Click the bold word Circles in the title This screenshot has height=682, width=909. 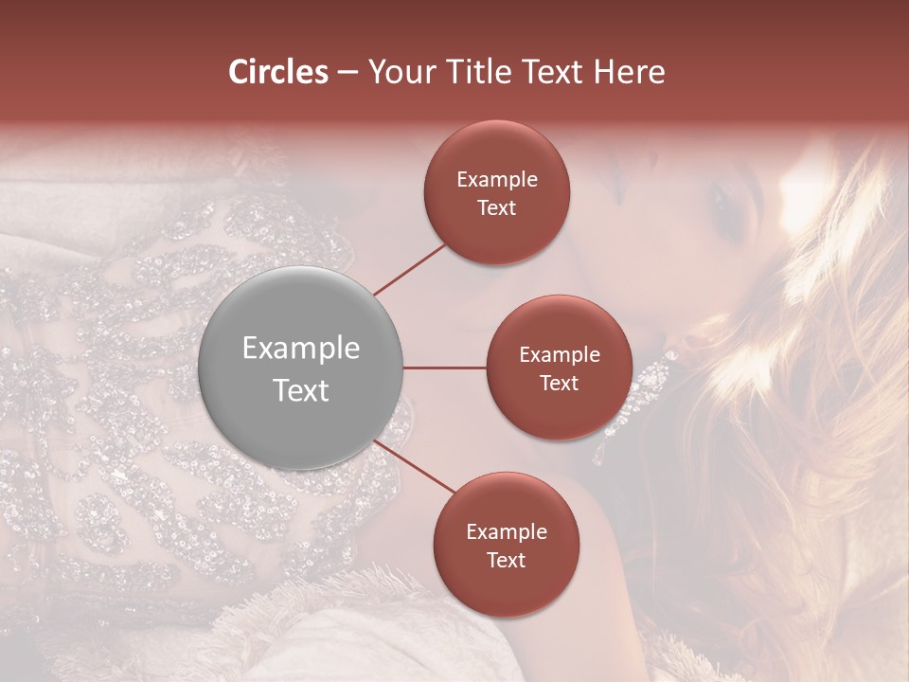(x=277, y=72)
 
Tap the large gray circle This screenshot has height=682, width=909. (x=301, y=368)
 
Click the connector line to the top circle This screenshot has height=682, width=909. (x=410, y=267)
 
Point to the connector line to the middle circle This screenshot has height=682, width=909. (x=444, y=368)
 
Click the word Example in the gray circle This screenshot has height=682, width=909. (x=301, y=349)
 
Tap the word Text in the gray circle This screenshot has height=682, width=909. (x=301, y=390)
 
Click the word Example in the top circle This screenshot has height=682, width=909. (x=497, y=180)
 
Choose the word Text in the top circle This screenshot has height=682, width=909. (x=497, y=208)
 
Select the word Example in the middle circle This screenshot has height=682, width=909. (x=560, y=355)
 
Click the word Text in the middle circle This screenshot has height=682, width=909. (x=560, y=383)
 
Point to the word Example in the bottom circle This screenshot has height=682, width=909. (x=507, y=532)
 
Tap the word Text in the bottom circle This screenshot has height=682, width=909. (x=507, y=560)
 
